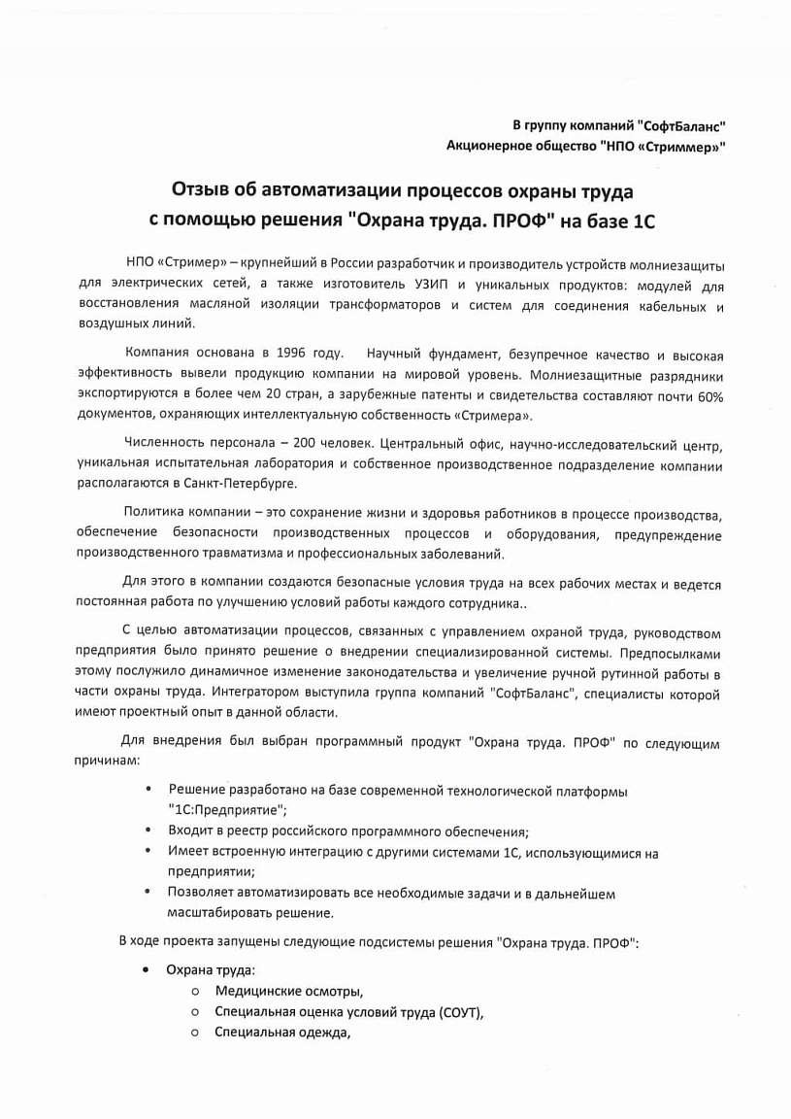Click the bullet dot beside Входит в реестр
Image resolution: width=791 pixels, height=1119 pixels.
tap(147, 831)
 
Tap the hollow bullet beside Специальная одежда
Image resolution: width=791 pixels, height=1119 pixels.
tap(195, 1033)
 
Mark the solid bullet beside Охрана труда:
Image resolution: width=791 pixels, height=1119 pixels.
tap(146, 970)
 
